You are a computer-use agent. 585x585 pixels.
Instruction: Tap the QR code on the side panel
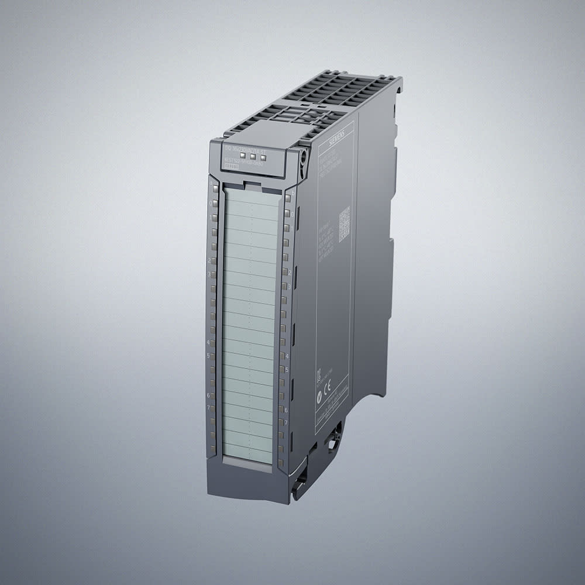click(344, 223)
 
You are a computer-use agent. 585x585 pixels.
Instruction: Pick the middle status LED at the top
click(253, 157)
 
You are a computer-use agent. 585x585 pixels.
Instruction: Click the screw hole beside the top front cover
click(302, 156)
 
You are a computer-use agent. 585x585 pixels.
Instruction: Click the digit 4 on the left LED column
click(208, 342)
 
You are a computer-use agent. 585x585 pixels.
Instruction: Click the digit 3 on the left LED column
click(209, 273)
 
